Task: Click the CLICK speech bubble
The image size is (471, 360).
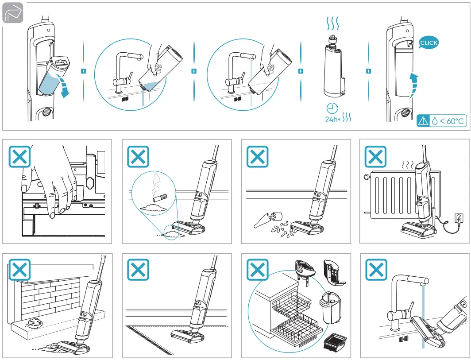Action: pyautogui.click(x=429, y=43)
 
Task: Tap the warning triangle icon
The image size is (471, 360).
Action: pyautogui.click(x=423, y=121)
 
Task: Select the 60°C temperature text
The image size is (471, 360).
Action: pyautogui.click(x=452, y=121)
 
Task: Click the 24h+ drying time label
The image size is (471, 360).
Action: pyautogui.click(x=332, y=119)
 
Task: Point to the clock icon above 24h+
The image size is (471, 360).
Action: pyautogui.click(x=332, y=108)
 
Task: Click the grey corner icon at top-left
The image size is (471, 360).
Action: pyautogui.click(x=12, y=13)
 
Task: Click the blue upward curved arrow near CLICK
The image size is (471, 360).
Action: pyautogui.click(x=413, y=85)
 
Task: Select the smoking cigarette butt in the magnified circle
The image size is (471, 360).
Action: pyautogui.click(x=160, y=198)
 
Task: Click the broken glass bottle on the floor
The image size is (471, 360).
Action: pyautogui.click(x=268, y=220)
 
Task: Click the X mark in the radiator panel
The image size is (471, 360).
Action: pyautogui.click(x=375, y=157)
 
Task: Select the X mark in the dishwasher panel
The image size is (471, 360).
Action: pyautogui.click(x=258, y=270)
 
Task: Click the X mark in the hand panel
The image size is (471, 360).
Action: pyautogui.click(x=19, y=157)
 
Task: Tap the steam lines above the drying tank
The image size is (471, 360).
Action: pyautogui.click(x=332, y=23)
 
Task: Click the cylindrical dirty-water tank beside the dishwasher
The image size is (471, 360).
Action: pyautogui.click(x=330, y=307)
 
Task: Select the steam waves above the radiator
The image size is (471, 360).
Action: pyautogui.click(x=408, y=165)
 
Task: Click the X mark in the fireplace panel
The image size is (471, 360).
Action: pyautogui.click(x=19, y=270)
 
